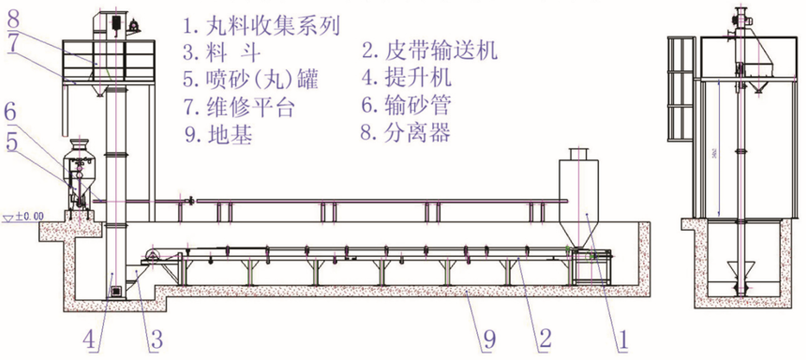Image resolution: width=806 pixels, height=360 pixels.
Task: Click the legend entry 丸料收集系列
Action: (262, 22)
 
